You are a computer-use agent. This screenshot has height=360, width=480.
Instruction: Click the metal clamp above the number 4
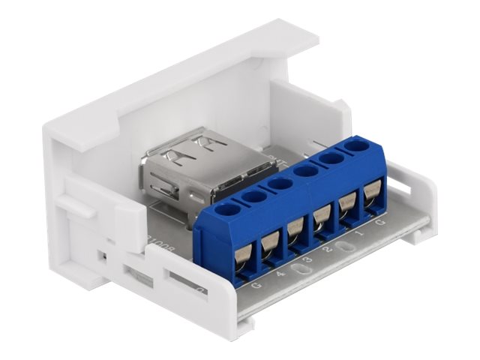pos(269,243)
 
